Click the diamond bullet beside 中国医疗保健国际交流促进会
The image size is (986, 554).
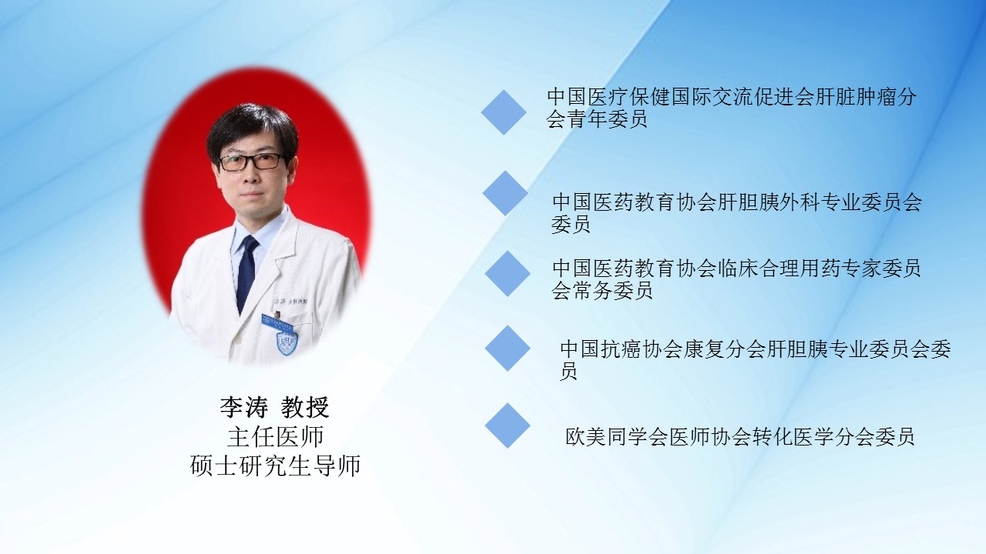point(504,112)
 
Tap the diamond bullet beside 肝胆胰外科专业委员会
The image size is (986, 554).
point(505,193)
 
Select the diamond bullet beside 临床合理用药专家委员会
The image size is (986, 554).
point(507,273)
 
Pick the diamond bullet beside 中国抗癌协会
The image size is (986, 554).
point(507,349)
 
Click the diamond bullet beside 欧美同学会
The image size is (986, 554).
point(507,426)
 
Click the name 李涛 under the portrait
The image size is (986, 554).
point(244,408)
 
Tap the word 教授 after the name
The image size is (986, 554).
point(305,408)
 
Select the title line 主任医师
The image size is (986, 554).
point(276,436)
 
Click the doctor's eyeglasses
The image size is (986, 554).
point(250,162)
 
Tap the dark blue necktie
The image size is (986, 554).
point(246,273)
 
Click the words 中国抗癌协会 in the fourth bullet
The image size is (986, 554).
point(621,349)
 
